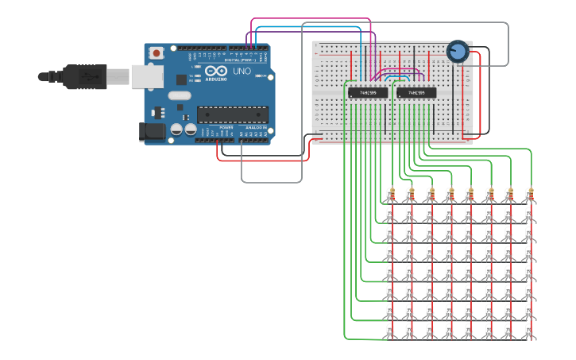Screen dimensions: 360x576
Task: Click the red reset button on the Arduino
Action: (x=157, y=53)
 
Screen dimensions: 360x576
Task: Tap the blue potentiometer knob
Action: (x=457, y=52)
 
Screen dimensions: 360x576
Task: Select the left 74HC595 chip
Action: (x=368, y=93)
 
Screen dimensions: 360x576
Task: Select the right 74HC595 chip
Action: (x=416, y=93)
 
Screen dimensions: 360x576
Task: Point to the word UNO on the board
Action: (x=241, y=72)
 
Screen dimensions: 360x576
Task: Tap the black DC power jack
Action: (x=152, y=132)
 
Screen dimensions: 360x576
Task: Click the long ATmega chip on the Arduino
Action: (x=232, y=114)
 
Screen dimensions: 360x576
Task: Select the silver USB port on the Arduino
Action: (x=147, y=76)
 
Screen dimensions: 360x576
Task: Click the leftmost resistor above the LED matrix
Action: (x=391, y=193)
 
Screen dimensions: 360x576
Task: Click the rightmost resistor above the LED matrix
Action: (x=529, y=193)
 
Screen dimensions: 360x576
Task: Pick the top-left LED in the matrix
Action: (x=390, y=214)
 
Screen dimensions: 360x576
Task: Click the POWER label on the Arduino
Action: (x=226, y=127)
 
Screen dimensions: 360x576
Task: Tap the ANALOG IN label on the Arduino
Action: (x=256, y=127)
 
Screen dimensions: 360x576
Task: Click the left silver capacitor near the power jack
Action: (x=176, y=129)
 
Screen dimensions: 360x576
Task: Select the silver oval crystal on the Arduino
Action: (x=180, y=95)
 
